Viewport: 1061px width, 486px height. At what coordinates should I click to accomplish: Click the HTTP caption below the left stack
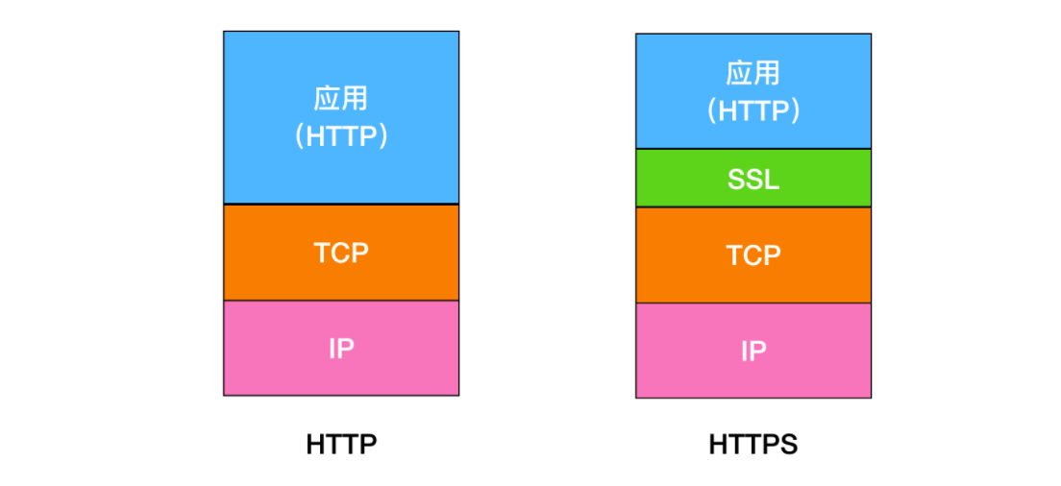341,445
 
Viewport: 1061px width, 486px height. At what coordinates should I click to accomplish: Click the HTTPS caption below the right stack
753,445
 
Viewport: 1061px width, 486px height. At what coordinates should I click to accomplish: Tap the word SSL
753,180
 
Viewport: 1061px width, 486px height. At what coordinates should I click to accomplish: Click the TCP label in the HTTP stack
341,253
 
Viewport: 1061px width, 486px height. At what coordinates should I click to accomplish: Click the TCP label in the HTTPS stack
753,255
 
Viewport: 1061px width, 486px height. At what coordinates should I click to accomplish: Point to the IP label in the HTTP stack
341,349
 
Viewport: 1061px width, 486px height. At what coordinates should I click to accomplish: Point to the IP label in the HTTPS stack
753,352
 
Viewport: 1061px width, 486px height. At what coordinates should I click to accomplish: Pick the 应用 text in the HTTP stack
341,99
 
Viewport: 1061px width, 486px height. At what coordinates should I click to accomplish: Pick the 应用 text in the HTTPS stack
753,74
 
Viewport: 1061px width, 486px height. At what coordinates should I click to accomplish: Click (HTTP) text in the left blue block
341,136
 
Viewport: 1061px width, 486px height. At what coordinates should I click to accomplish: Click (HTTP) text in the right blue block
753,111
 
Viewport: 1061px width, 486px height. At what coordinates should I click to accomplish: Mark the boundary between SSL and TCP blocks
753,207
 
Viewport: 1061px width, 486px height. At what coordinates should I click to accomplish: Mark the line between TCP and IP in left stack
341,301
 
